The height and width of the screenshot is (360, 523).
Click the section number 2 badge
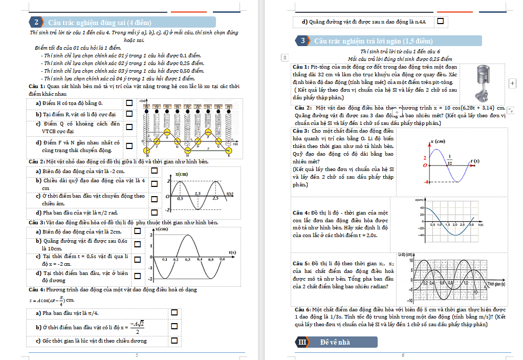[x=36, y=22]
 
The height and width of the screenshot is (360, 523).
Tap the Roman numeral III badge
[x=302, y=342]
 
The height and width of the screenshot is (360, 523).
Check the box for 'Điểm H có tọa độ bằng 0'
[x=129, y=103]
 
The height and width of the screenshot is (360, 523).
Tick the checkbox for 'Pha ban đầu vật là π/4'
[x=174, y=312]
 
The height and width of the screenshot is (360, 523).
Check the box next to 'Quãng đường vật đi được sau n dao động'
[x=440, y=22]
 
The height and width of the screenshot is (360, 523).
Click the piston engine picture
[x=482, y=83]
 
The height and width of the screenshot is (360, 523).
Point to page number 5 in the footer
[x=137, y=355]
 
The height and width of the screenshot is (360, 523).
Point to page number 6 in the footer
[x=403, y=355]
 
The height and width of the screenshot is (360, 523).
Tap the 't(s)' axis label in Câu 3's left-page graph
[x=232, y=252]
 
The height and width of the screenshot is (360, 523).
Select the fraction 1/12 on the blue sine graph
[x=449, y=160]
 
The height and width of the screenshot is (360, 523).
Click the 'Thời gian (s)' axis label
[x=496, y=284]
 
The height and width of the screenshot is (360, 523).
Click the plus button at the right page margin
[x=513, y=83]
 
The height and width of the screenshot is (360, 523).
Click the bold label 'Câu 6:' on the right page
[x=302, y=310]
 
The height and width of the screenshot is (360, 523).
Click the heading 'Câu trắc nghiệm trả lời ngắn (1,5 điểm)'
[x=374, y=41]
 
